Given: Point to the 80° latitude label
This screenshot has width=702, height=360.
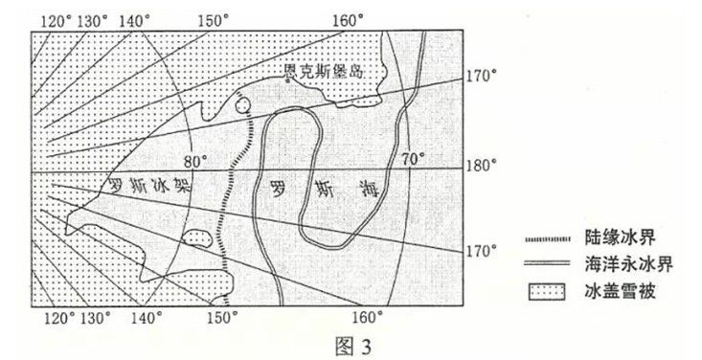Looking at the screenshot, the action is [x=196, y=161].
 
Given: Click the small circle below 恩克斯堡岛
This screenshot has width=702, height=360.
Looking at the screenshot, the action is [x=243, y=105].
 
